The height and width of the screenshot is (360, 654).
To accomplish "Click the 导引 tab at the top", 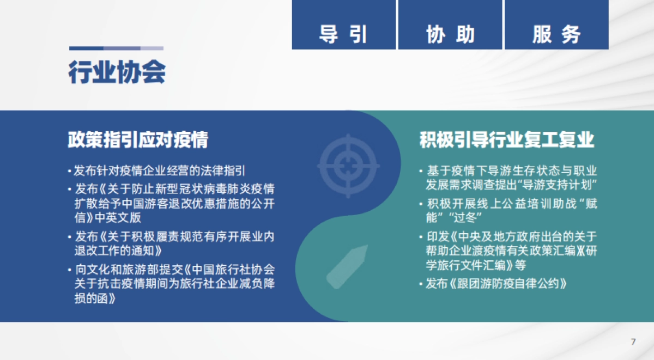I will tap(343, 34).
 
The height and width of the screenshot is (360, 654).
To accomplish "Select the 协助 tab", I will tap(450, 34).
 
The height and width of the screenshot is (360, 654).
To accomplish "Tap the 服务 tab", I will tap(556, 34).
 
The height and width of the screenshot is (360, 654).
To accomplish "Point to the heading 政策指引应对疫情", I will tap(138, 140).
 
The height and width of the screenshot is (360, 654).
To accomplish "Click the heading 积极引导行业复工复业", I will tap(507, 140).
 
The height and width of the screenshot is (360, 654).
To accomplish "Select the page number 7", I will tap(633, 342).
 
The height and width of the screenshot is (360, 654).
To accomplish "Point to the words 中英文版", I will tap(118, 218).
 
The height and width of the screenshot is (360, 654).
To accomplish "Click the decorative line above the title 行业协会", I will tap(116, 48).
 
